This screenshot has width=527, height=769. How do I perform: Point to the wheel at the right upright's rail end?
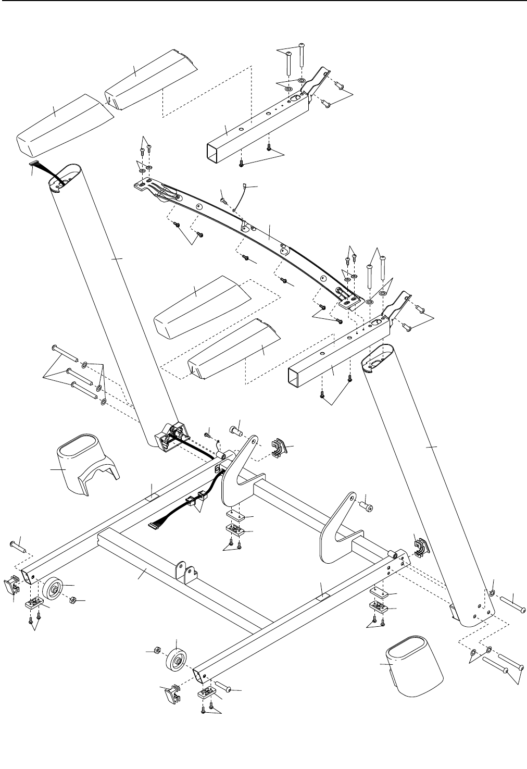176,660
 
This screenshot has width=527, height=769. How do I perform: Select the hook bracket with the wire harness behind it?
237,469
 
